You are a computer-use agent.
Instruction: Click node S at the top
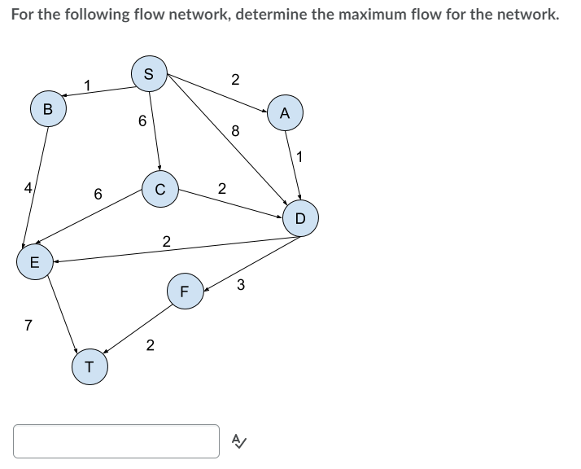coord(147,73)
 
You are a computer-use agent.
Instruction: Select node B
coord(47,108)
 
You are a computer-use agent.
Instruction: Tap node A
coord(285,114)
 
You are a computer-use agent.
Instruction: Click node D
coord(299,217)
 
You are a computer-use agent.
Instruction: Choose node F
coord(185,291)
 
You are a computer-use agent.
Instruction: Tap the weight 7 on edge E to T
coord(28,326)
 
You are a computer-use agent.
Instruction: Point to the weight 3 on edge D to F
coord(241,284)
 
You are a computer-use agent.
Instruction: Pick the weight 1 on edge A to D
coord(300,157)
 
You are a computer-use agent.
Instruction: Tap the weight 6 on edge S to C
coord(142,122)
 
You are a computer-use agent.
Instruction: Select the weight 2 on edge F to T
coord(149,345)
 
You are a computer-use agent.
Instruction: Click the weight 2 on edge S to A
coord(234,79)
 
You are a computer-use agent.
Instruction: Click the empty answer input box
coord(116,441)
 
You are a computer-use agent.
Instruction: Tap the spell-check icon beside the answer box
coord(238,441)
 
